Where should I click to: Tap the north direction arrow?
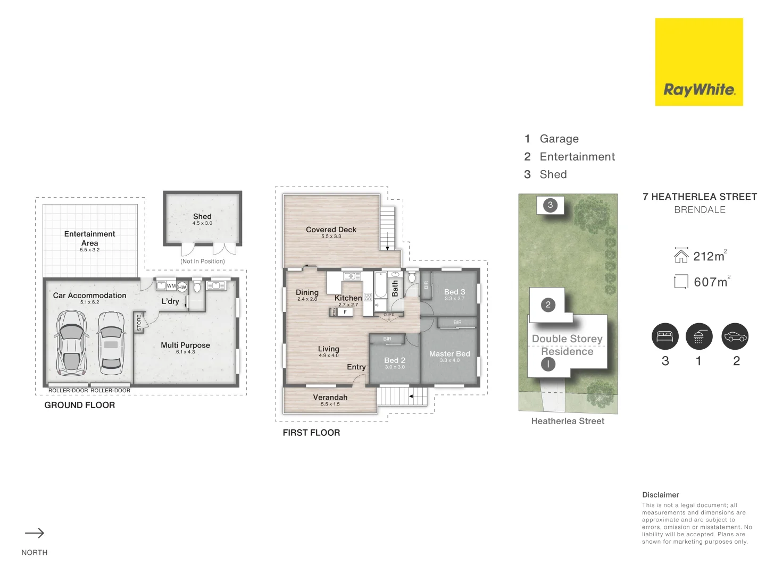point(35,533)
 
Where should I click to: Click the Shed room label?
point(202,216)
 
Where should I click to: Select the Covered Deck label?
point(331,230)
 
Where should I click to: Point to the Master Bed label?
point(449,354)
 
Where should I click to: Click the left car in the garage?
point(71,342)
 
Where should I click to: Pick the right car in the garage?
point(111,343)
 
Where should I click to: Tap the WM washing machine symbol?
point(171,286)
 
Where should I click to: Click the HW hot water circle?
point(182,287)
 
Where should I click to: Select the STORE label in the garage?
point(139,323)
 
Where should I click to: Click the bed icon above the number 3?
point(665,336)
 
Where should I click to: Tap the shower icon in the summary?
point(699,336)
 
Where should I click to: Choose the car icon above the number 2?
point(735,336)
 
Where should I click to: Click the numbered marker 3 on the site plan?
point(550,205)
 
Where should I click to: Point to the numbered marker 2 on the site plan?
point(548,305)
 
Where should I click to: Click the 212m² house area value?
point(709,257)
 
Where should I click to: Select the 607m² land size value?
point(711,282)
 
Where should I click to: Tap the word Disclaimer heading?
point(661,495)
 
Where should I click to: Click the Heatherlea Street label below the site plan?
point(568,421)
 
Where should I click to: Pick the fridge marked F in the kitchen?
point(345,312)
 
